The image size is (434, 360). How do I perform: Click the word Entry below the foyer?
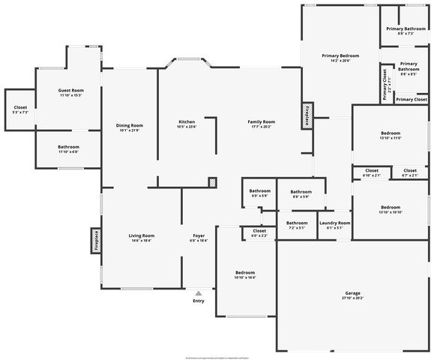[198, 301]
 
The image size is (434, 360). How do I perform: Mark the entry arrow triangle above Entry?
[198, 293]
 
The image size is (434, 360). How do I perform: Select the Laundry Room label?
[334, 224]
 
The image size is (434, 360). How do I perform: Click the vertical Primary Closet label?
[385, 85]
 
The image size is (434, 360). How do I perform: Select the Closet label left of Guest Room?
[20, 109]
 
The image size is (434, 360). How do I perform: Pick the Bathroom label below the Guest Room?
[68, 149]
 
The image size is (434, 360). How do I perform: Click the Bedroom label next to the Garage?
[245, 274]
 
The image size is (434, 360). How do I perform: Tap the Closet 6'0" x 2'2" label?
[259, 232]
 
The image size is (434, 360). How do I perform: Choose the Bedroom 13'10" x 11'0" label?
[391, 135]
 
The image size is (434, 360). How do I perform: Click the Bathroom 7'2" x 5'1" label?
[296, 224]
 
